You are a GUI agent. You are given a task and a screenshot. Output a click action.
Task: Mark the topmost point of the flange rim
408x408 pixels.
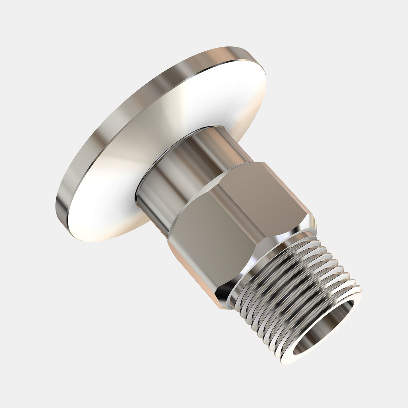(x=235, y=47)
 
